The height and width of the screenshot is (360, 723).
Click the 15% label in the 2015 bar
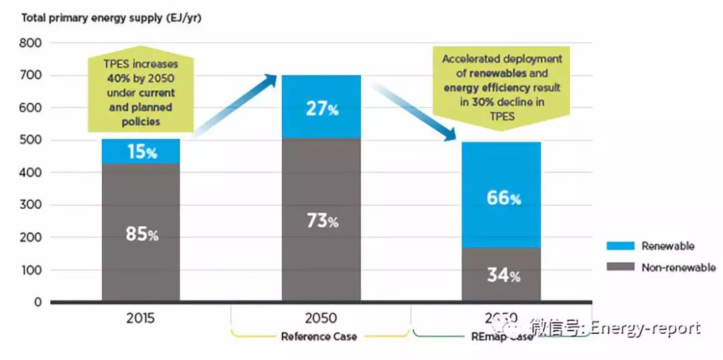(142, 152)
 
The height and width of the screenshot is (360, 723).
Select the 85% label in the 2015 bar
(142, 234)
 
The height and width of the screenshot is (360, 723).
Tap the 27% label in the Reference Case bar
(322, 109)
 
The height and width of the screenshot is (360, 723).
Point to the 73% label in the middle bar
(322, 221)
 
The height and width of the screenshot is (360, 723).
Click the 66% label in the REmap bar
(503, 198)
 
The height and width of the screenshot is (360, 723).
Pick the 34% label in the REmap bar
(503, 274)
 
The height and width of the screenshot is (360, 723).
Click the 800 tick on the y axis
(30, 43)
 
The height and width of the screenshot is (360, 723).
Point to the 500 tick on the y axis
(30, 141)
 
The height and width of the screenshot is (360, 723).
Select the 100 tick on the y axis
(30, 270)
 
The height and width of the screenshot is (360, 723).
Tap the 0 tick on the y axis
(37, 302)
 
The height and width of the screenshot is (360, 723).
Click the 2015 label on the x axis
(141, 319)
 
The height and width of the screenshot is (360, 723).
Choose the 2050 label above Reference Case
(320, 319)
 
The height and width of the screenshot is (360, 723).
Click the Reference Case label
(319, 337)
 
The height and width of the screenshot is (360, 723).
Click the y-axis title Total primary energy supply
(111, 18)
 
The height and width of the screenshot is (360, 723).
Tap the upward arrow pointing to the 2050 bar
(234, 107)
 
